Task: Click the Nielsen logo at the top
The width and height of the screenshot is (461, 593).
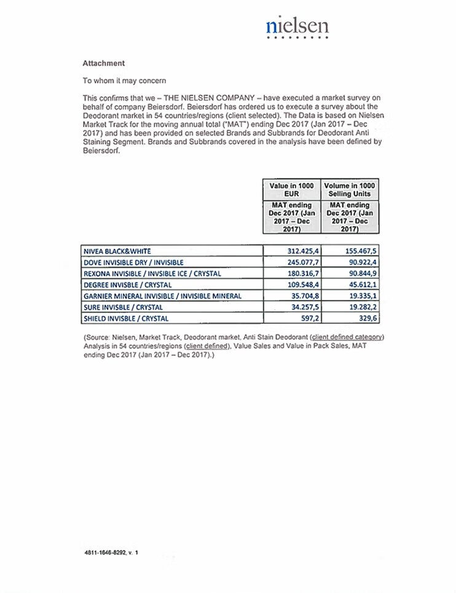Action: (x=297, y=26)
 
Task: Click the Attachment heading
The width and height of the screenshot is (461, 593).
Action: (x=103, y=63)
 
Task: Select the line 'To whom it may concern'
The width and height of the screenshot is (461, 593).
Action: (x=124, y=81)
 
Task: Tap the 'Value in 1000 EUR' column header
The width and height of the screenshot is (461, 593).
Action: (x=291, y=189)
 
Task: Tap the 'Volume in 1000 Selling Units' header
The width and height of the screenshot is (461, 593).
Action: (x=350, y=189)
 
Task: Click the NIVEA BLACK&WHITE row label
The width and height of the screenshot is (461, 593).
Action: (x=117, y=251)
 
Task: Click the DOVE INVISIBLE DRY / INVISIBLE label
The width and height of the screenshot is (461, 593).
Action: (x=133, y=262)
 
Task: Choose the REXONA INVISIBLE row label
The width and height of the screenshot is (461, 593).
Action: (x=152, y=273)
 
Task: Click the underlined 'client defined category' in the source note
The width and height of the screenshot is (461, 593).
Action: (x=347, y=337)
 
